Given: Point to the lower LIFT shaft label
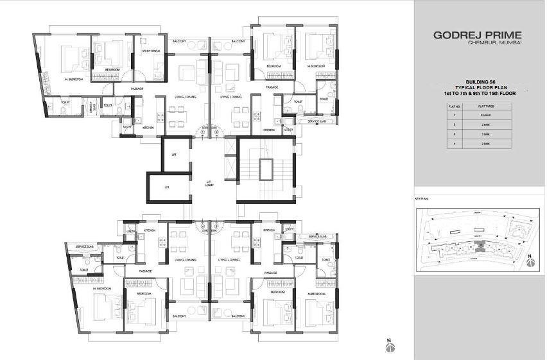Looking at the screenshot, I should point(166,187).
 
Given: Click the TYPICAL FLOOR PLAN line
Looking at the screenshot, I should point(477,87).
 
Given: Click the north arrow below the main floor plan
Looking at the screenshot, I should point(389,346).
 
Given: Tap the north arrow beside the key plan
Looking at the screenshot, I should point(530,261).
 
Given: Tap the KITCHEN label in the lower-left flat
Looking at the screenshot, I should point(150,230).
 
